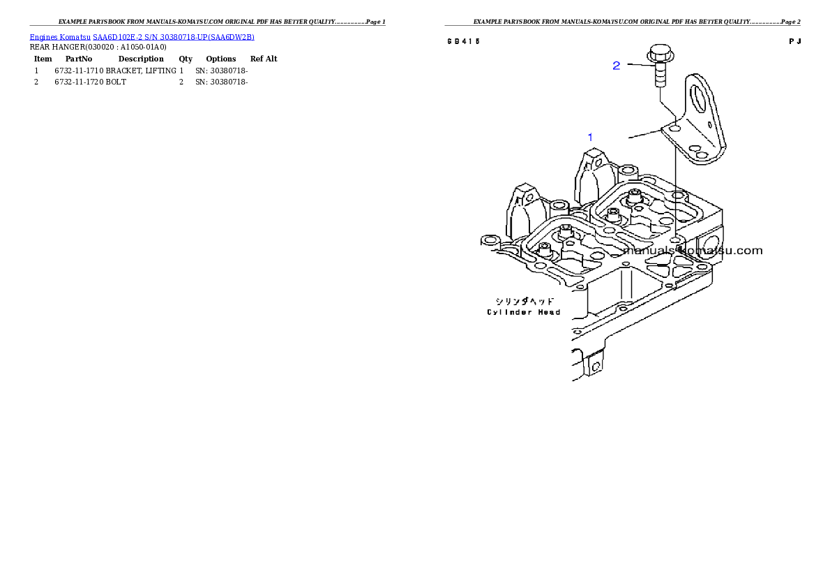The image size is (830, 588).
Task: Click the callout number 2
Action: (x=617, y=66)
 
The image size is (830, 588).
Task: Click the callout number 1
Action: (x=590, y=138)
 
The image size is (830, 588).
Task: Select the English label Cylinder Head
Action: (x=523, y=312)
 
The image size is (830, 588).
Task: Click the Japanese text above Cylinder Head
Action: (x=523, y=302)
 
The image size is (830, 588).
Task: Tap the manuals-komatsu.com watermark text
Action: (x=693, y=250)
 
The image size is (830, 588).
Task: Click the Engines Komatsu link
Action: (x=60, y=37)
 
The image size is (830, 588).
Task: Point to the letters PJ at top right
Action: (x=794, y=41)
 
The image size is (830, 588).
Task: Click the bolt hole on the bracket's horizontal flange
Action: (x=674, y=129)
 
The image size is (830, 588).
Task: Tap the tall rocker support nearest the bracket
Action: (x=589, y=175)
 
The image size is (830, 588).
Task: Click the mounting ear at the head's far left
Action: (x=490, y=241)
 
